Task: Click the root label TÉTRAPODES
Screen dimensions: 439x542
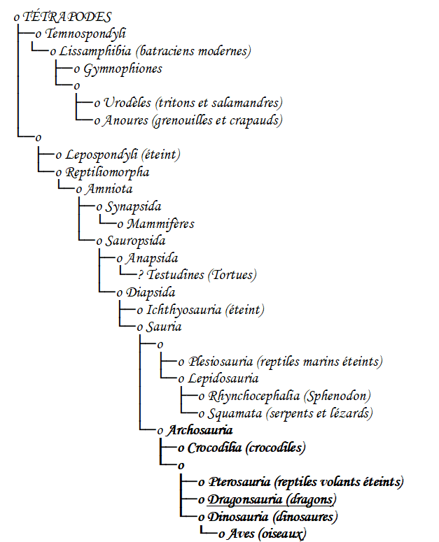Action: pos(67,17)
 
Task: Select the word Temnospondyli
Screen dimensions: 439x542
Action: pos(85,34)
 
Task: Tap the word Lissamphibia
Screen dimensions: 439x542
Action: pos(95,51)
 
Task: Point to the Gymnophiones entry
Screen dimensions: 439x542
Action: pos(123,69)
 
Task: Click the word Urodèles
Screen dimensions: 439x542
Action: pos(127,103)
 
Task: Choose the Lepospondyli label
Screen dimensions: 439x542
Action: pos(102,155)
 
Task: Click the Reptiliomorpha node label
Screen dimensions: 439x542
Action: pos(107,172)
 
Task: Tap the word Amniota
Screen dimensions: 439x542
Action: pos(109,189)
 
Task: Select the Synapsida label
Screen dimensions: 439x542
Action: pos(133,207)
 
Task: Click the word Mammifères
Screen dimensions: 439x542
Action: pos(160,224)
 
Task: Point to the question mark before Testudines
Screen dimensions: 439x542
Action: pos(141,275)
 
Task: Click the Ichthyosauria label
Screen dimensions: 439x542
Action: pos(183,310)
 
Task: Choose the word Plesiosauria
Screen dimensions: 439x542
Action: pos(220,362)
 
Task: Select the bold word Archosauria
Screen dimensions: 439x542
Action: pos(200,430)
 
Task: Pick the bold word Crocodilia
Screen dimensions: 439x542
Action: pos(214,448)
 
